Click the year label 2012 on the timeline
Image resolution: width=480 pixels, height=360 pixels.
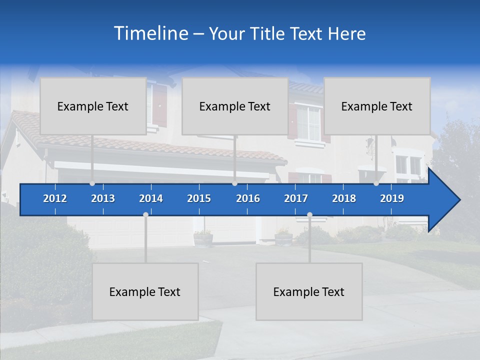coord(55,198)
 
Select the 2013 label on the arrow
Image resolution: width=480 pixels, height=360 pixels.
coord(103,198)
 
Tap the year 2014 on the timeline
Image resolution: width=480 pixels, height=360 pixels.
coord(151,198)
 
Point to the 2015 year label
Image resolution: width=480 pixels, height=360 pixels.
coord(199,198)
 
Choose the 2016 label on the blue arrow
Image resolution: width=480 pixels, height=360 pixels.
coord(248,198)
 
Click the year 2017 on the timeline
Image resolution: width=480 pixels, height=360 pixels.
coord(296,198)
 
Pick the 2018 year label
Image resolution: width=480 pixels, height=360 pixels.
coord(344,198)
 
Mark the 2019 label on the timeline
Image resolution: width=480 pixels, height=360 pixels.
coord(392,198)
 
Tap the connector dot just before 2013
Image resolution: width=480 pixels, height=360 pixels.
coord(92,183)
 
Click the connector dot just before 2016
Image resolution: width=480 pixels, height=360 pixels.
coord(234,183)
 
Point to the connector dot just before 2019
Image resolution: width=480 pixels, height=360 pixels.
coord(376,183)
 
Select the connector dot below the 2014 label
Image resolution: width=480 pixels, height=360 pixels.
coord(145,214)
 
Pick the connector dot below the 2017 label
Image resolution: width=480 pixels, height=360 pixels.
coord(309,214)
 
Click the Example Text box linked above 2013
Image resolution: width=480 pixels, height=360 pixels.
coord(93,106)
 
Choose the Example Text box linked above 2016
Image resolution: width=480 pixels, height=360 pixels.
coord(235,106)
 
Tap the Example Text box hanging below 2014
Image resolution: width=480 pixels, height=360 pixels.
coord(145,291)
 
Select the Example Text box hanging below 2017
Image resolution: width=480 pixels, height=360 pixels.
coord(309,291)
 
